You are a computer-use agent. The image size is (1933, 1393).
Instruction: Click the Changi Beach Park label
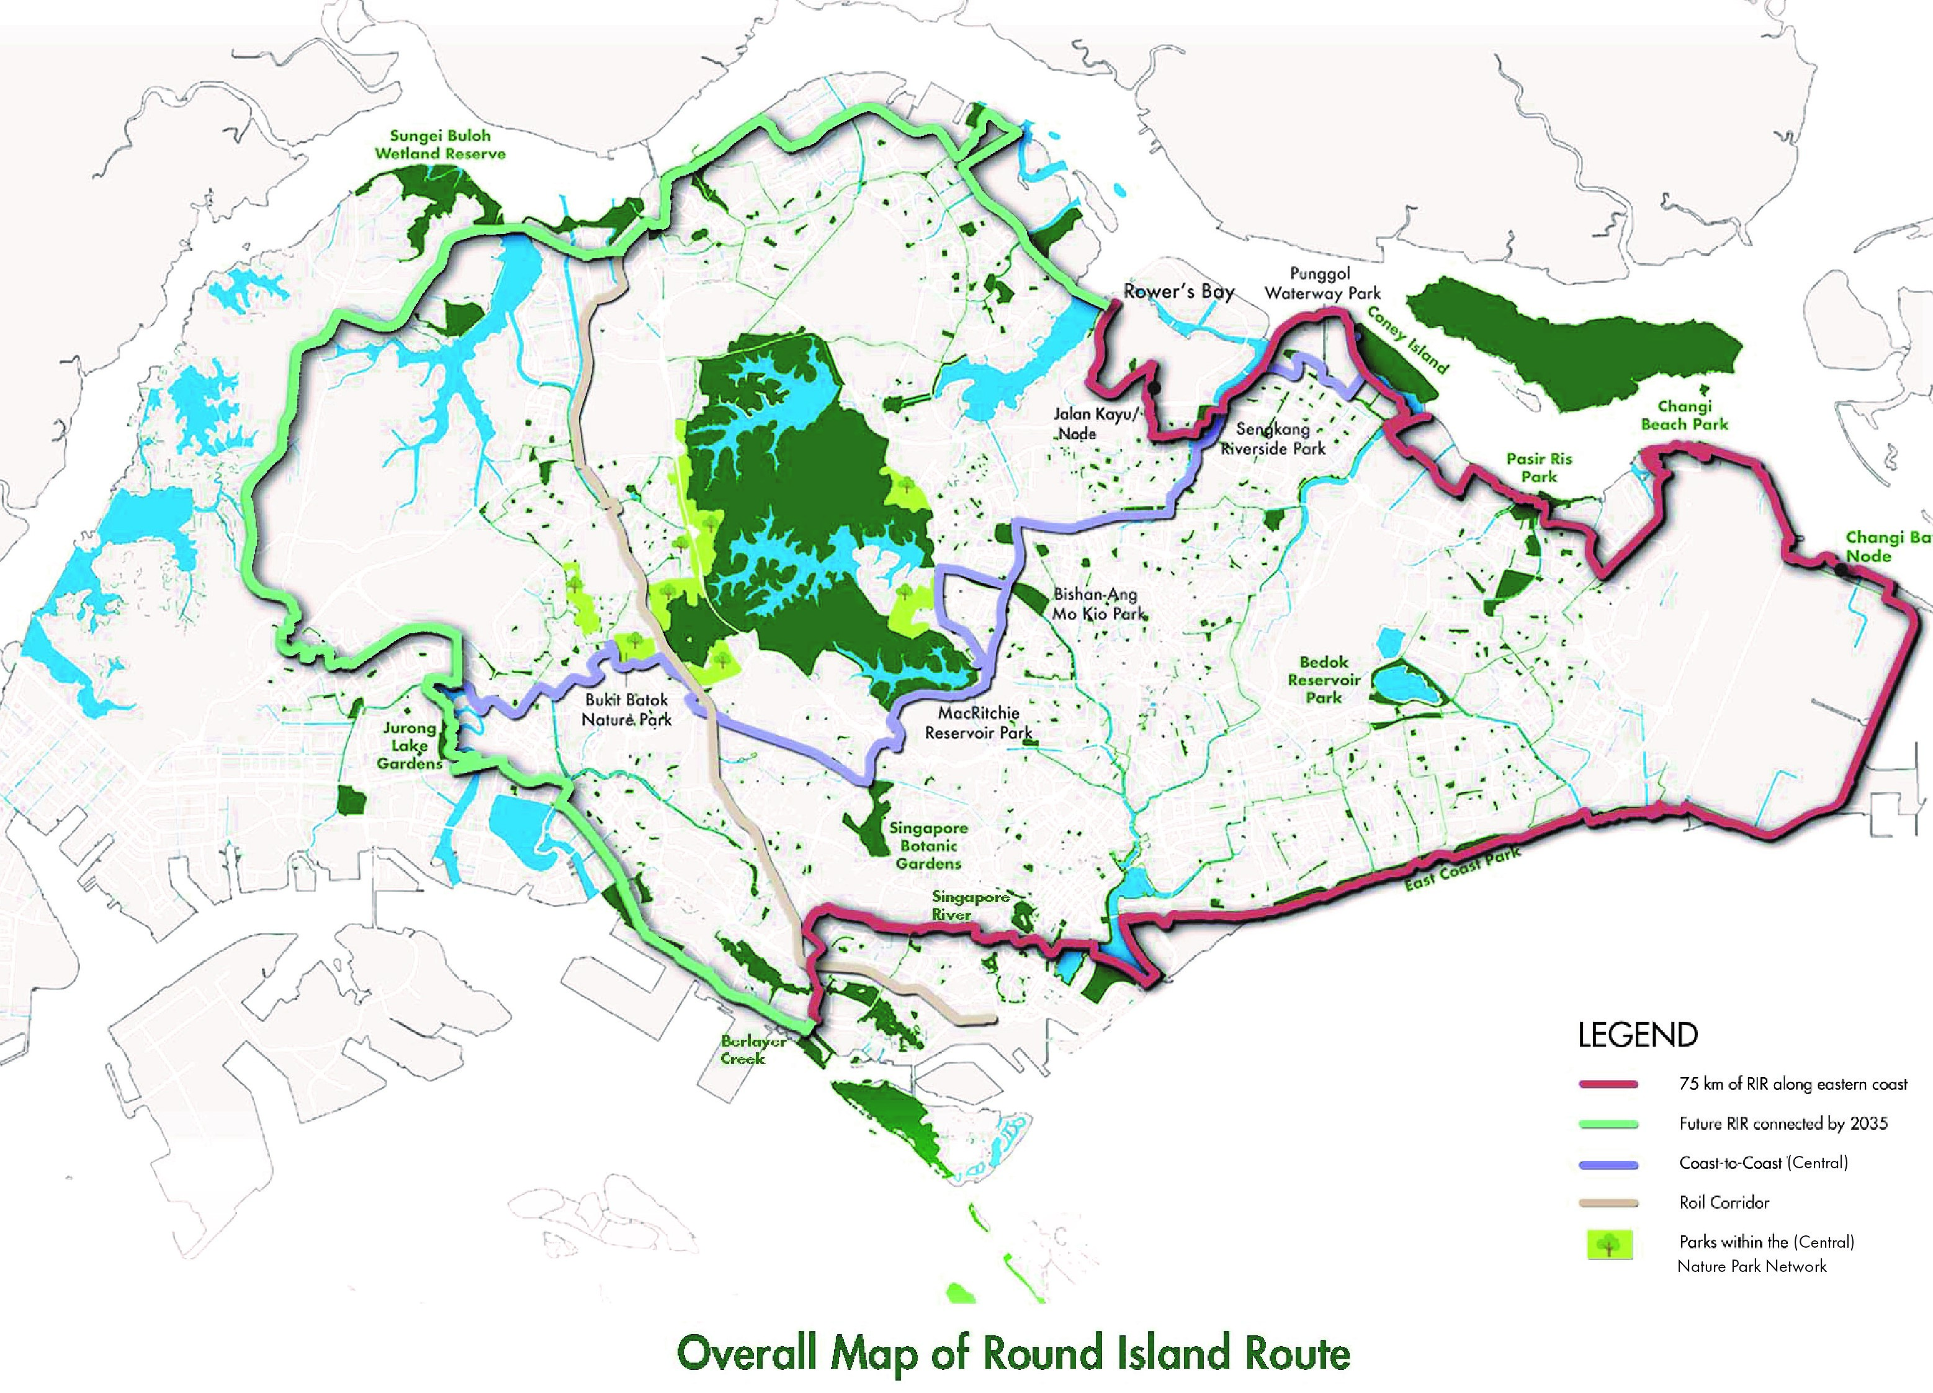1684,415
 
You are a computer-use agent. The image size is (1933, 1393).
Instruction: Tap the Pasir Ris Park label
1538,467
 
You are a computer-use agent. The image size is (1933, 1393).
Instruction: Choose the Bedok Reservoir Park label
1324,680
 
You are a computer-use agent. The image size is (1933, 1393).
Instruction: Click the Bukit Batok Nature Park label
626,710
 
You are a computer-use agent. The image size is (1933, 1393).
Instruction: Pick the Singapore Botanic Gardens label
928,845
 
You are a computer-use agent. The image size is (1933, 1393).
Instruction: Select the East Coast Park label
1461,870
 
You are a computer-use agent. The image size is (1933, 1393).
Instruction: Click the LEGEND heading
1637,1035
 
